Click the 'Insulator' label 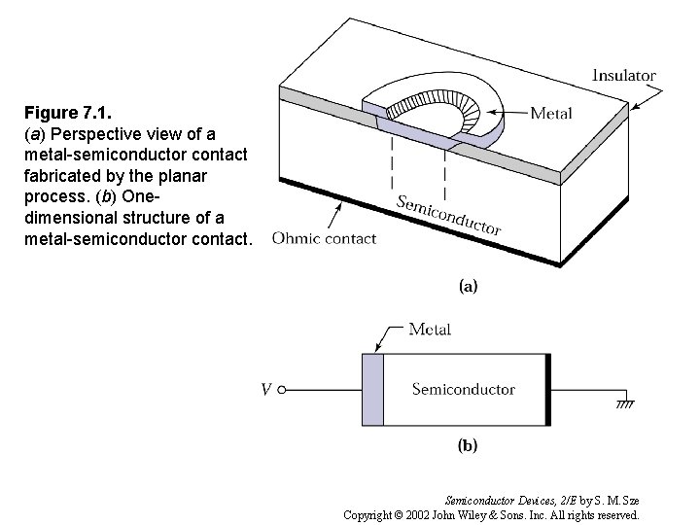pos(623,75)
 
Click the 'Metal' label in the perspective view pos(550,113)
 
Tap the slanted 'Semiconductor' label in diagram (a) pos(449,214)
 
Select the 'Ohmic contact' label pos(325,238)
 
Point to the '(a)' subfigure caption pos(468,286)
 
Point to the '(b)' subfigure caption pos(468,446)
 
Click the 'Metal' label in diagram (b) pos(430,329)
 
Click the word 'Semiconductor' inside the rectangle pos(463,389)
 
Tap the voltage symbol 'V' pos(265,391)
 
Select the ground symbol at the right pos(623,401)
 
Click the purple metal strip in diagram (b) pos(373,389)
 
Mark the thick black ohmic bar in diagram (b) pos(548,389)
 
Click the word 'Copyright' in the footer pos(373,514)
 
